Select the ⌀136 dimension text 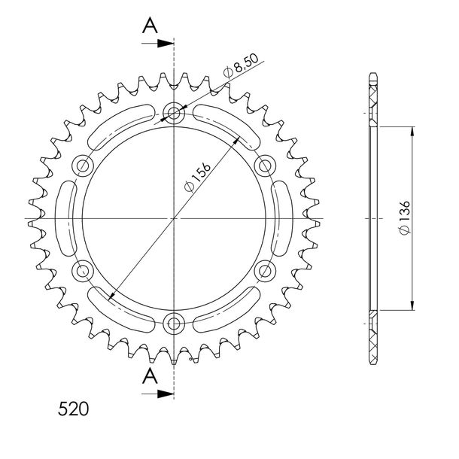click(405, 217)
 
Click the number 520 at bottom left click(73, 409)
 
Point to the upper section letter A click(150, 25)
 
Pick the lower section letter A click(150, 375)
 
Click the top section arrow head click(166, 44)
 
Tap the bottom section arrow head click(166, 394)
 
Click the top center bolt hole click(174, 113)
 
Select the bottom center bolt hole click(174, 324)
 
